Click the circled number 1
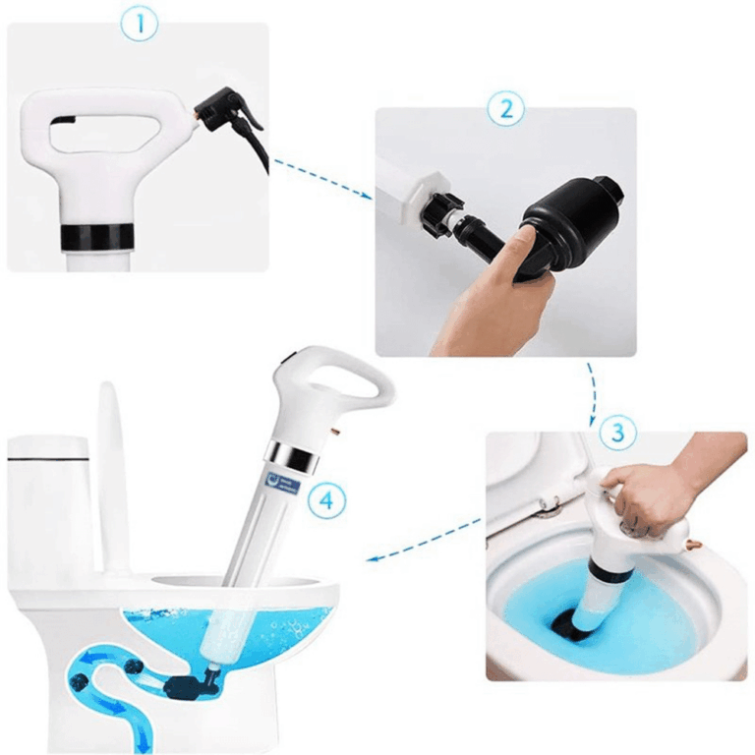coord(140,24)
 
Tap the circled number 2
coord(505,108)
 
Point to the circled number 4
coord(325,499)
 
